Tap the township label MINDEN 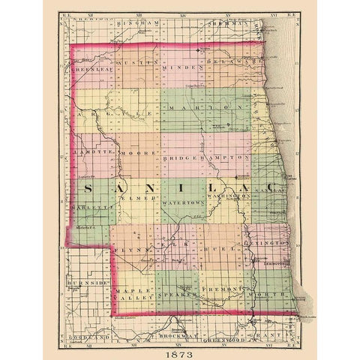pyautogui.click(x=182, y=67)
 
